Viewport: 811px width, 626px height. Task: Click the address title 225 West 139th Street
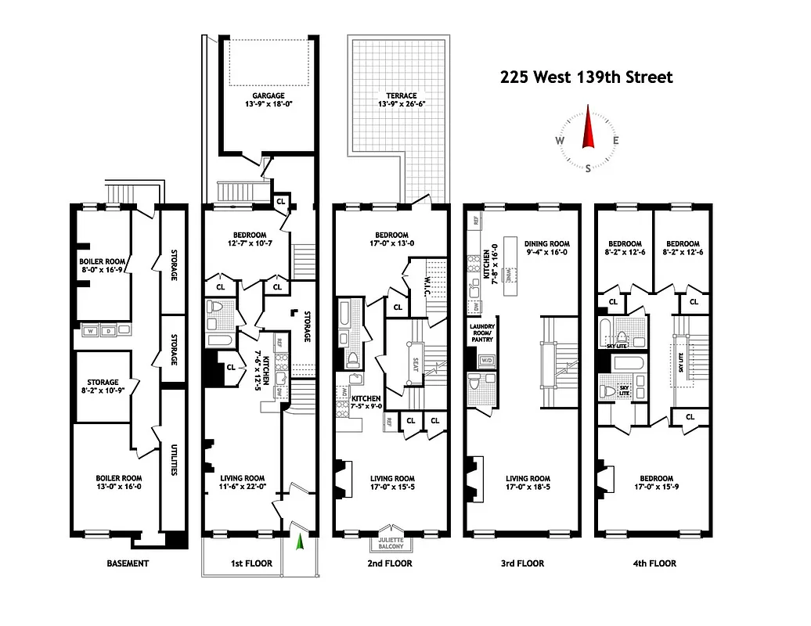tap(586, 77)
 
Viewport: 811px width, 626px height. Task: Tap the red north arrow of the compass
tap(588, 130)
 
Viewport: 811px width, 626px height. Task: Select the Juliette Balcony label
tap(391, 542)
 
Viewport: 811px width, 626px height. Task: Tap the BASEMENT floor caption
tap(127, 563)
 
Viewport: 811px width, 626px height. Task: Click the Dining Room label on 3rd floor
tap(547, 244)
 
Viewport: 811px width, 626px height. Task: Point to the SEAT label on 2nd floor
tap(416, 365)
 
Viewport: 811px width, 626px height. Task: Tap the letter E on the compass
tap(616, 141)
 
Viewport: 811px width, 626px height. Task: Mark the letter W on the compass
tap(560, 141)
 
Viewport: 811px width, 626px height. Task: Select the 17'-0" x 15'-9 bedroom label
tap(655, 484)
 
